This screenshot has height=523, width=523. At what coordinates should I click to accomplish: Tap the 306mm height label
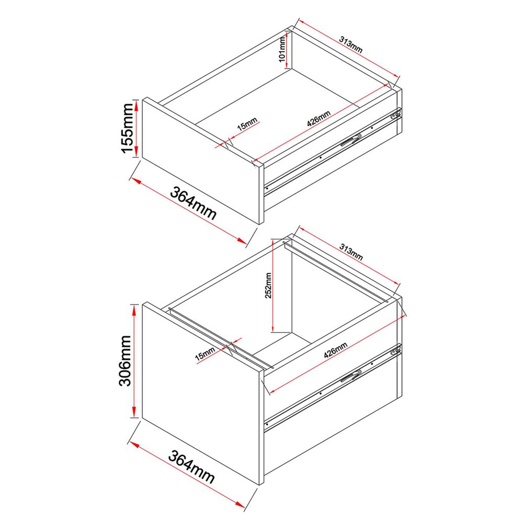click(x=125, y=360)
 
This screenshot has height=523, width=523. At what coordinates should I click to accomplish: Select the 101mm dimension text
click(x=282, y=49)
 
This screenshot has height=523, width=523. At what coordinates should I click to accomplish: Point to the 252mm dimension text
click(x=268, y=286)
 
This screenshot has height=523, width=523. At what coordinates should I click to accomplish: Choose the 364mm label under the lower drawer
click(x=191, y=467)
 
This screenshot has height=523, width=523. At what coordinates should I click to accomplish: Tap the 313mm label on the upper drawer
click(x=351, y=44)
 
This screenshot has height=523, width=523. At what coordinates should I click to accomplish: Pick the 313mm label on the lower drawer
click(x=351, y=252)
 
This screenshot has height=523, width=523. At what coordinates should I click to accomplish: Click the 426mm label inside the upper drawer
click(x=319, y=118)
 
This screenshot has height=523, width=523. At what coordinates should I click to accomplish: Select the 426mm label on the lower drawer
click(x=336, y=350)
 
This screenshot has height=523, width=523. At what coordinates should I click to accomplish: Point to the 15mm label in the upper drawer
click(x=247, y=123)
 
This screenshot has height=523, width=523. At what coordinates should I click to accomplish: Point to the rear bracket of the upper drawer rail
click(x=396, y=114)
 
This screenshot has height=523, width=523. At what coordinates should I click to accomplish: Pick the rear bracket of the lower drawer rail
click(x=396, y=350)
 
